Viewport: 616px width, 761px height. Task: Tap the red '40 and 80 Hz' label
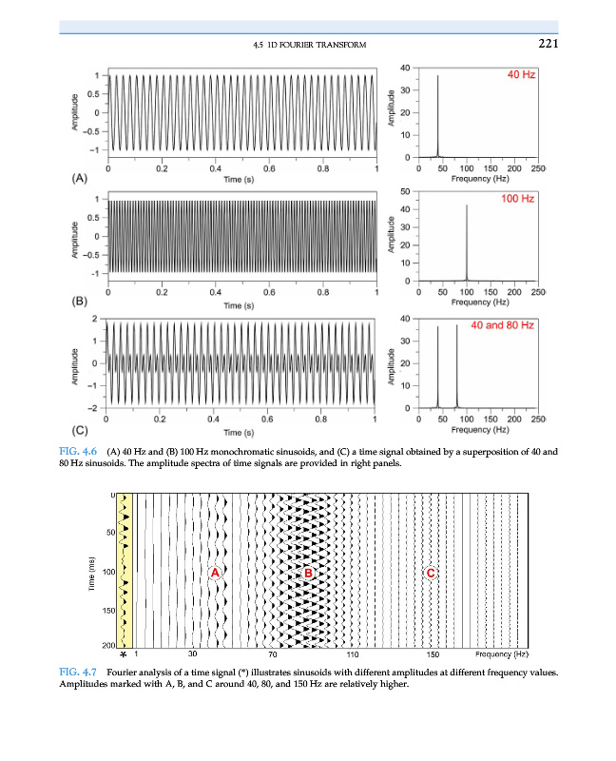503,325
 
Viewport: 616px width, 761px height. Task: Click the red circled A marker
215,573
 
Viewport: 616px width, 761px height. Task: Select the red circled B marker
308,573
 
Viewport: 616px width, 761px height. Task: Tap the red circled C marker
432,573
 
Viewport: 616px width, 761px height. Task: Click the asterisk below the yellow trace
124,655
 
